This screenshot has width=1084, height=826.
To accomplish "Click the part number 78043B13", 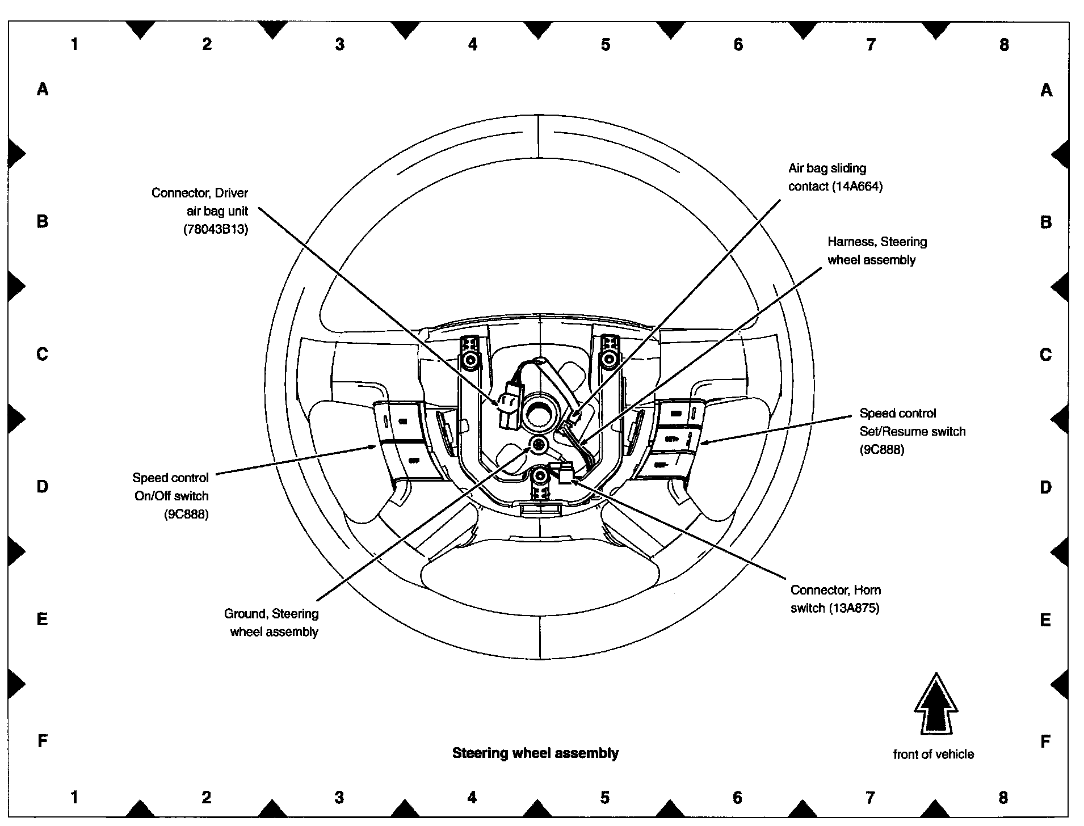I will tap(216, 230).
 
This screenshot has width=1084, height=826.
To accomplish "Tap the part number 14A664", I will tap(857, 187).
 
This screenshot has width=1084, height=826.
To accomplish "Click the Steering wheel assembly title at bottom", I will tap(535, 753).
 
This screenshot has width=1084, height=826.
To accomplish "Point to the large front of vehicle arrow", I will tap(935, 704).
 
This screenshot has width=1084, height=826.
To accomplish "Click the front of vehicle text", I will tap(933, 754).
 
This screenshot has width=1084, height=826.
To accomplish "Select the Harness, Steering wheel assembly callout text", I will tap(877, 251).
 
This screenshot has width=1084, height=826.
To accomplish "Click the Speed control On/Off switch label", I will tap(171, 495).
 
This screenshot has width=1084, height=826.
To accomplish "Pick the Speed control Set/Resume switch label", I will tap(912, 431).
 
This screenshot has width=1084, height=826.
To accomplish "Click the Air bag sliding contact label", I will tap(835, 177).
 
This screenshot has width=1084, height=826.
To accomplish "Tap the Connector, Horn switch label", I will tap(835, 599).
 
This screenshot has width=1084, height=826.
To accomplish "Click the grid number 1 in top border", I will tap(74, 44).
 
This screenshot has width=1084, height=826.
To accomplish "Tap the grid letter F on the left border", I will tap(43, 741).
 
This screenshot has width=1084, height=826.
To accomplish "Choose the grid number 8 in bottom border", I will tap(1003, 797).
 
